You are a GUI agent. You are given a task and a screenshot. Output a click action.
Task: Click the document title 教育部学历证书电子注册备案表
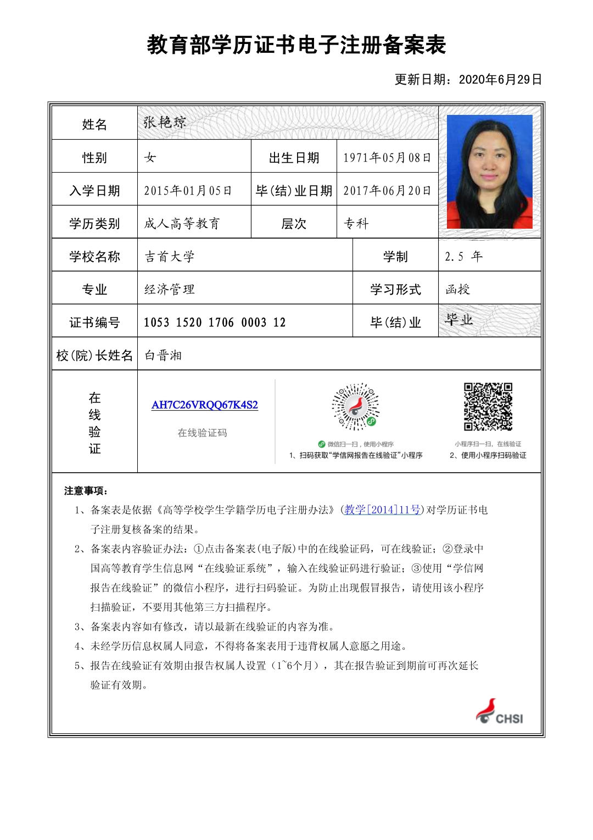click(x=296, y=45)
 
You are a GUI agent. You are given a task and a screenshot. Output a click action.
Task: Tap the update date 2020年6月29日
click(x=500, y=80)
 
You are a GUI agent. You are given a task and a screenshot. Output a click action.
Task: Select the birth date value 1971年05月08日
click(x=387, y=158)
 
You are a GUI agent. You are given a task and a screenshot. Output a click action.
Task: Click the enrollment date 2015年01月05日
click(x=188, y=191)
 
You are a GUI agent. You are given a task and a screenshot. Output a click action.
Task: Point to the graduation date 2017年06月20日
click(x=387, y=191)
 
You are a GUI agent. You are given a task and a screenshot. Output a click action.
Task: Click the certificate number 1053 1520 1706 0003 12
click(x=215, y=323)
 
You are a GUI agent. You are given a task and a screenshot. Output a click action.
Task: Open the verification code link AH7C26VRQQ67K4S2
click(x=205, y=405)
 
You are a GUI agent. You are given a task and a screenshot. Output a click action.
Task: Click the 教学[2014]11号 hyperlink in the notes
click(x=383, y=510)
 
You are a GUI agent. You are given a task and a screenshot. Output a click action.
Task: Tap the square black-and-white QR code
click(x=488, y=407)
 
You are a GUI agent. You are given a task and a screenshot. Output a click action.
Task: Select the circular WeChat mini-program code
click(x=356, y=407)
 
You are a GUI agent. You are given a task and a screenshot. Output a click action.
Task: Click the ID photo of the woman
click(x=490, y=172)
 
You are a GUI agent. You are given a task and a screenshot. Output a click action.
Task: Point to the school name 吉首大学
click(x=170, y=257)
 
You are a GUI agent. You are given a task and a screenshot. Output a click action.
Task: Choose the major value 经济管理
click(x=170, y=290)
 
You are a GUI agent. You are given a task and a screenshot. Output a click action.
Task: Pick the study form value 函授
click(x=458, y=290)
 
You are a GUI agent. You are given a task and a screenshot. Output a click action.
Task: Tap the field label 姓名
click(x=94, y=125)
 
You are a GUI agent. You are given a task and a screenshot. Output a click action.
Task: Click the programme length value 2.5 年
click(x=463, y=257)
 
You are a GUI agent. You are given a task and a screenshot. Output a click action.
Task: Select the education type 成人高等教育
click(x=182, y=224)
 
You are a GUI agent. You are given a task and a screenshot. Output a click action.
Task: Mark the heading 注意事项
click(x=86, y=491)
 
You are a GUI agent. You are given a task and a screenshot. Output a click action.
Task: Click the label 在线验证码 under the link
click(x=202, y=433)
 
